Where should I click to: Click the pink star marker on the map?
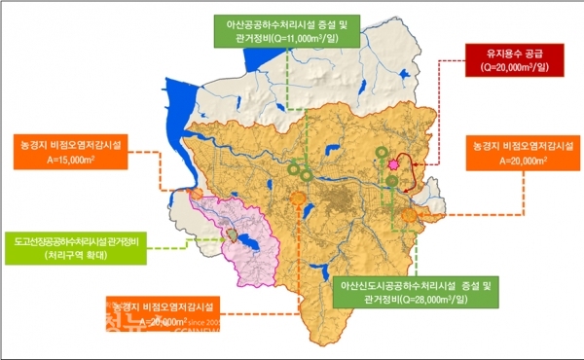coord(392,166)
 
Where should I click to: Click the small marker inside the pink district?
coord(234,234)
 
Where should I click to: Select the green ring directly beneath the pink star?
coord(392,182)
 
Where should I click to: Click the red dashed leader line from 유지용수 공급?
coord(441,107)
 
